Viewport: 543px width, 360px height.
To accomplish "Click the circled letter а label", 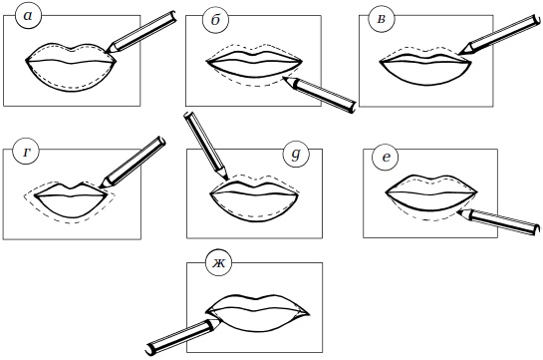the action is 29,16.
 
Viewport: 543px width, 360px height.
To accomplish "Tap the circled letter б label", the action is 215,20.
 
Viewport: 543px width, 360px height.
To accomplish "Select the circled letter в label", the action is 381,19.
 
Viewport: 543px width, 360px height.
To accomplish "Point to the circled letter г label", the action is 26,153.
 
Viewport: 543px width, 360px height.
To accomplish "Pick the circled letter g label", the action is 296,155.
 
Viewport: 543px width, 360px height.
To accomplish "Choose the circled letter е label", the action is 386,158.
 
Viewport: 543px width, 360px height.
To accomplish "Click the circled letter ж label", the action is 219,263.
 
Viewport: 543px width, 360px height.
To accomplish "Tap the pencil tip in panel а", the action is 107,52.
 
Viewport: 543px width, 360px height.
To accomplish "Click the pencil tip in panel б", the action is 284,78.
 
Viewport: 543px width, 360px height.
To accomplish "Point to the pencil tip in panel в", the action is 460,54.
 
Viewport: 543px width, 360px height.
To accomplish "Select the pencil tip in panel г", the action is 100,187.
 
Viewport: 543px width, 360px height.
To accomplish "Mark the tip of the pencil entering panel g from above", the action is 227,180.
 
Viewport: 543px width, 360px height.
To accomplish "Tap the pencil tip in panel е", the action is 457,211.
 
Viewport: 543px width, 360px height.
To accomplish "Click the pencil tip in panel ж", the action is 220,320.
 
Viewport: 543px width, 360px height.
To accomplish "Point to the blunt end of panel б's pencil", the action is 353,107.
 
